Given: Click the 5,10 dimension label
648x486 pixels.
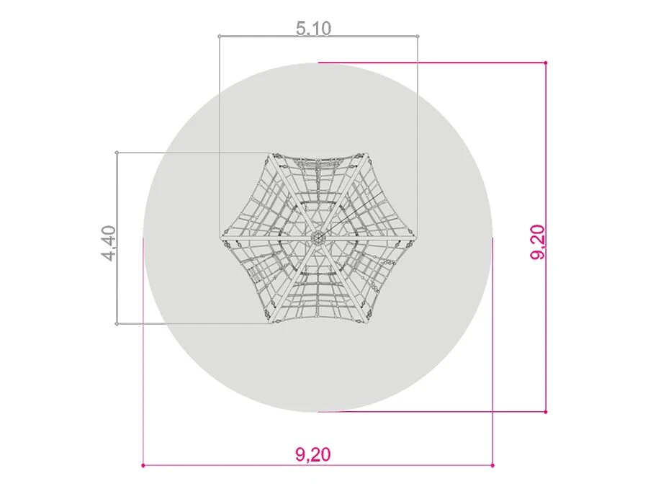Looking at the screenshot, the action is (314, 28).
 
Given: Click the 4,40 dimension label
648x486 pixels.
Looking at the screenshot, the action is (109, 243).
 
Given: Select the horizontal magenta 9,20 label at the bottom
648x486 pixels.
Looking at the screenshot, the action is (313, 454).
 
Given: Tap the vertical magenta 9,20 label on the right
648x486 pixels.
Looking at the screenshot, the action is (538, 242).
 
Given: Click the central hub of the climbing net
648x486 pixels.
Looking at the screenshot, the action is (318, 238).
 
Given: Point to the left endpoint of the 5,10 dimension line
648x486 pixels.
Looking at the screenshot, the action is (220, 37).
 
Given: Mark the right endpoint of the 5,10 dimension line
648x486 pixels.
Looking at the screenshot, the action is (418, 37).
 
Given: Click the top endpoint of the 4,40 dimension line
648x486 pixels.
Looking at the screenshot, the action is (117, 153).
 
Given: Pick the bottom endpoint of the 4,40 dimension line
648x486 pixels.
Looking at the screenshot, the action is (117, 324).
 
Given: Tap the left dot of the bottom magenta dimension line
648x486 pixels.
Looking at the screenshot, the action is (143, 466).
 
